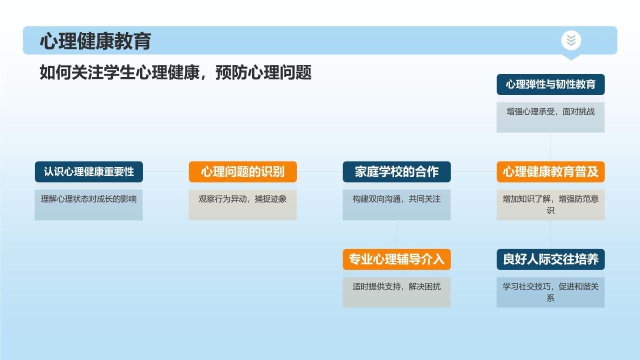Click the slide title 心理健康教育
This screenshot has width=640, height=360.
click(95, 41)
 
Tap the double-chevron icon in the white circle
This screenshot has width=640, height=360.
click(571, 40)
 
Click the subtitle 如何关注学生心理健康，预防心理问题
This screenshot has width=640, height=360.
click(175, 72)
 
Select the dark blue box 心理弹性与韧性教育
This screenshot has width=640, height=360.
click(550, 84)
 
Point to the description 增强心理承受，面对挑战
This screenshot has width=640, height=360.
click(550, 112)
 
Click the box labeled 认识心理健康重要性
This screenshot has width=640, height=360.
click(88, 171)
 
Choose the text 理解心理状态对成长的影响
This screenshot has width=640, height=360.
click(88, 199)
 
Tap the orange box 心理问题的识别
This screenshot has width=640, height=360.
click(242, 171)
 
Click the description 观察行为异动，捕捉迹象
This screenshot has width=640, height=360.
click(242, 199)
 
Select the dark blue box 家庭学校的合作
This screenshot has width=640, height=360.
click(396, 171)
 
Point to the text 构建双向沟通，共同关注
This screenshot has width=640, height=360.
click(396, 199)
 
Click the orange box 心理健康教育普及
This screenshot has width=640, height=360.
click(550, 171)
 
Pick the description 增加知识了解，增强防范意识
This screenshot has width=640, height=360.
click(550, 204)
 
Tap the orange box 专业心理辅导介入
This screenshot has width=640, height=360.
click(396, 259)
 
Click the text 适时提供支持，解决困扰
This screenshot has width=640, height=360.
click(396, 287)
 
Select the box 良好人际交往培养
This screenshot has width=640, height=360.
click(550, 259)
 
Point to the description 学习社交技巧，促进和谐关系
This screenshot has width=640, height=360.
click(550, 292)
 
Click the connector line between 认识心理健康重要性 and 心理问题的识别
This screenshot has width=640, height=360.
click(165, 171)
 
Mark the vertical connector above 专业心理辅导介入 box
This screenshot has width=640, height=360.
click(396, 234)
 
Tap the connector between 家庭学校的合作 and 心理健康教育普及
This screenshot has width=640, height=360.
click(473, 171)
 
